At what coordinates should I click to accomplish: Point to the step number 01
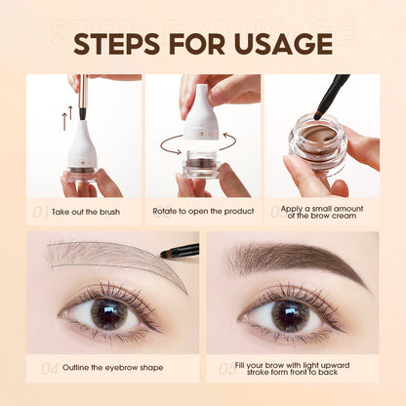(x=39, y=210)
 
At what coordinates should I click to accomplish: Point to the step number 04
(x=39, y=368)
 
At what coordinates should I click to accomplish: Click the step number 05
(x=228, y=368)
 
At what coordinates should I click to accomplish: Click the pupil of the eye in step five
(x=290, y=314)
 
